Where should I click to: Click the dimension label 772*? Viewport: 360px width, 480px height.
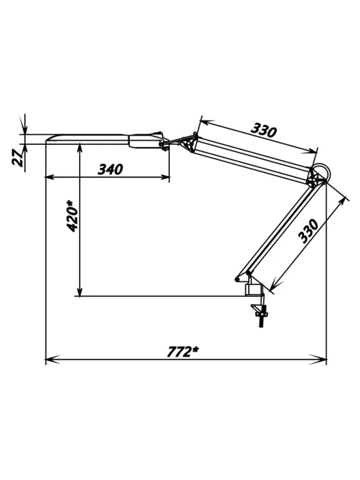click(x=182, y=352)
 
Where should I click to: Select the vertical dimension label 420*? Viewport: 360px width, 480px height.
click(x=72, y=216)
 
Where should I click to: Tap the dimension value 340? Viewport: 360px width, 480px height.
click(x=110, y=169)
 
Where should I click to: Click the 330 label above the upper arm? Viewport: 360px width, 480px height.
click(x=263, y=131)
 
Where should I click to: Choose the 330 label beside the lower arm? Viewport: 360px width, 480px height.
click(x=308, y=231)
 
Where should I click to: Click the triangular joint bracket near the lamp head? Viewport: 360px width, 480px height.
click(x=189, y=144)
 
